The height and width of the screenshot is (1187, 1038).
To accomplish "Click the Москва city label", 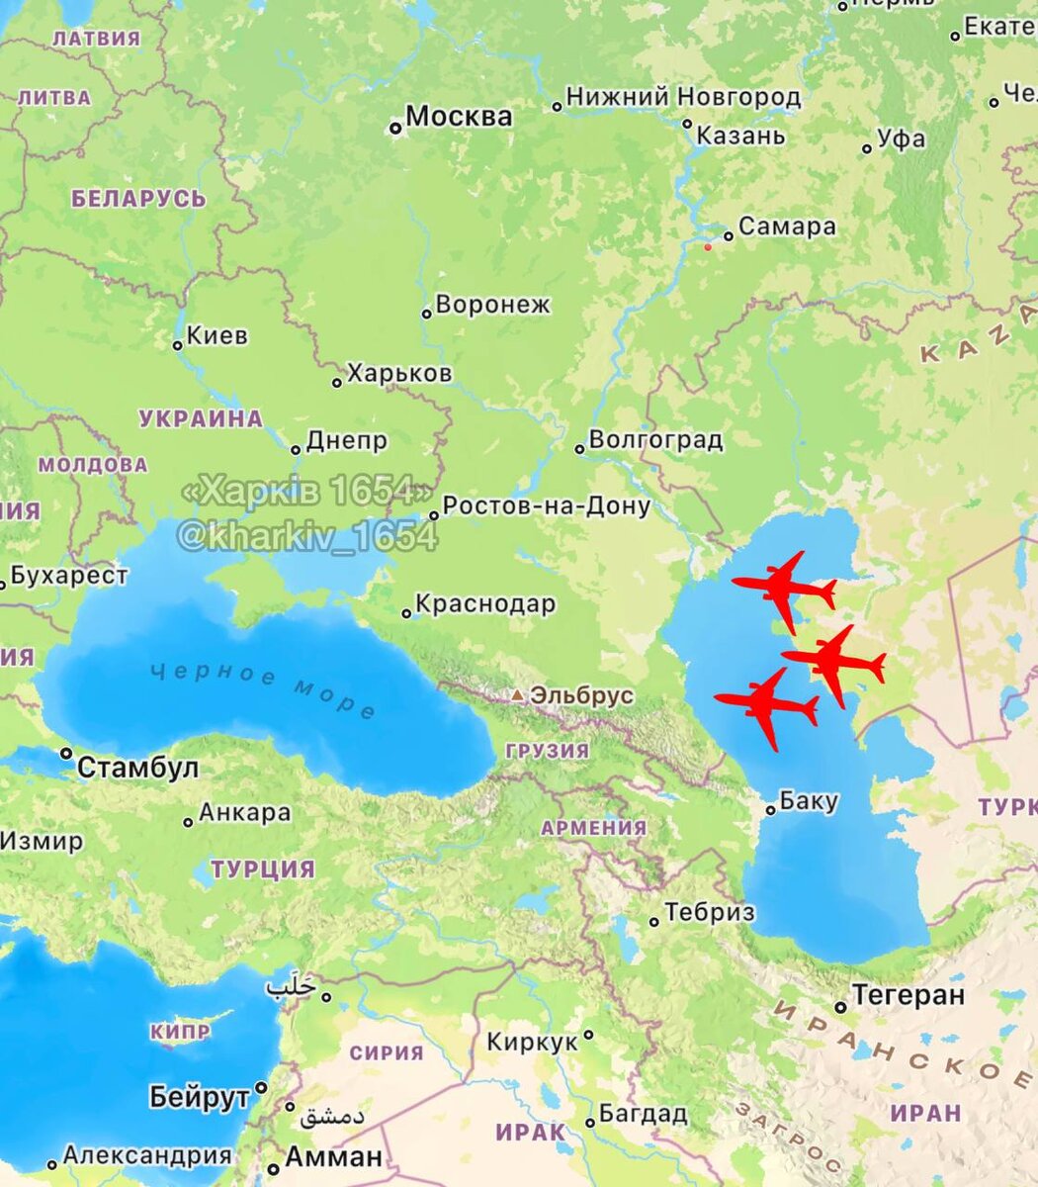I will (459, 117).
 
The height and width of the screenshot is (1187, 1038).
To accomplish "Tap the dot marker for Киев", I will (178, 345).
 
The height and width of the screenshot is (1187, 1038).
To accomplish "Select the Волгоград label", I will (655, 440).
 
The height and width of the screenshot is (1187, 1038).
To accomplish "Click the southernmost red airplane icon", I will (767, 706).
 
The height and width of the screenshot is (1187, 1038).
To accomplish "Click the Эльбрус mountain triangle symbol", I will (518, 695).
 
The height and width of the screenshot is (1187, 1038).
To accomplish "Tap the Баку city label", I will (809, 801).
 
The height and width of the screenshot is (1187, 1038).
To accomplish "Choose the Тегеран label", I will (908, 995).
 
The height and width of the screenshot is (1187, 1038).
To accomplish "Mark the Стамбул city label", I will (137, 768).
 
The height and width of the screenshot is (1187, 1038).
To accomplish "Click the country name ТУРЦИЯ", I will (263, 869).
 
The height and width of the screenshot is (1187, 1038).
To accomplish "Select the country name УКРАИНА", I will (201, 418).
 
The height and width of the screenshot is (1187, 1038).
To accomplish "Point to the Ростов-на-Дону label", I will (547, 506).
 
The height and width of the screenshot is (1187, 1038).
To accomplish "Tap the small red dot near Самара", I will (707, 247).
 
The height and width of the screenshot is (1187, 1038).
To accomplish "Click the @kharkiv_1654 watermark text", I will (306, 536).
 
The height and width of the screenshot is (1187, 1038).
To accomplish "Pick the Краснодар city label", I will (485, 603).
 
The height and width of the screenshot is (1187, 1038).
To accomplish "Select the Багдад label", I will (643, 1114).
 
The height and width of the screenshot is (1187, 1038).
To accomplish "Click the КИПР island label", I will (180, 1032).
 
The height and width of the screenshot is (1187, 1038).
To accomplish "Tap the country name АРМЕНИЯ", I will (593, 828).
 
